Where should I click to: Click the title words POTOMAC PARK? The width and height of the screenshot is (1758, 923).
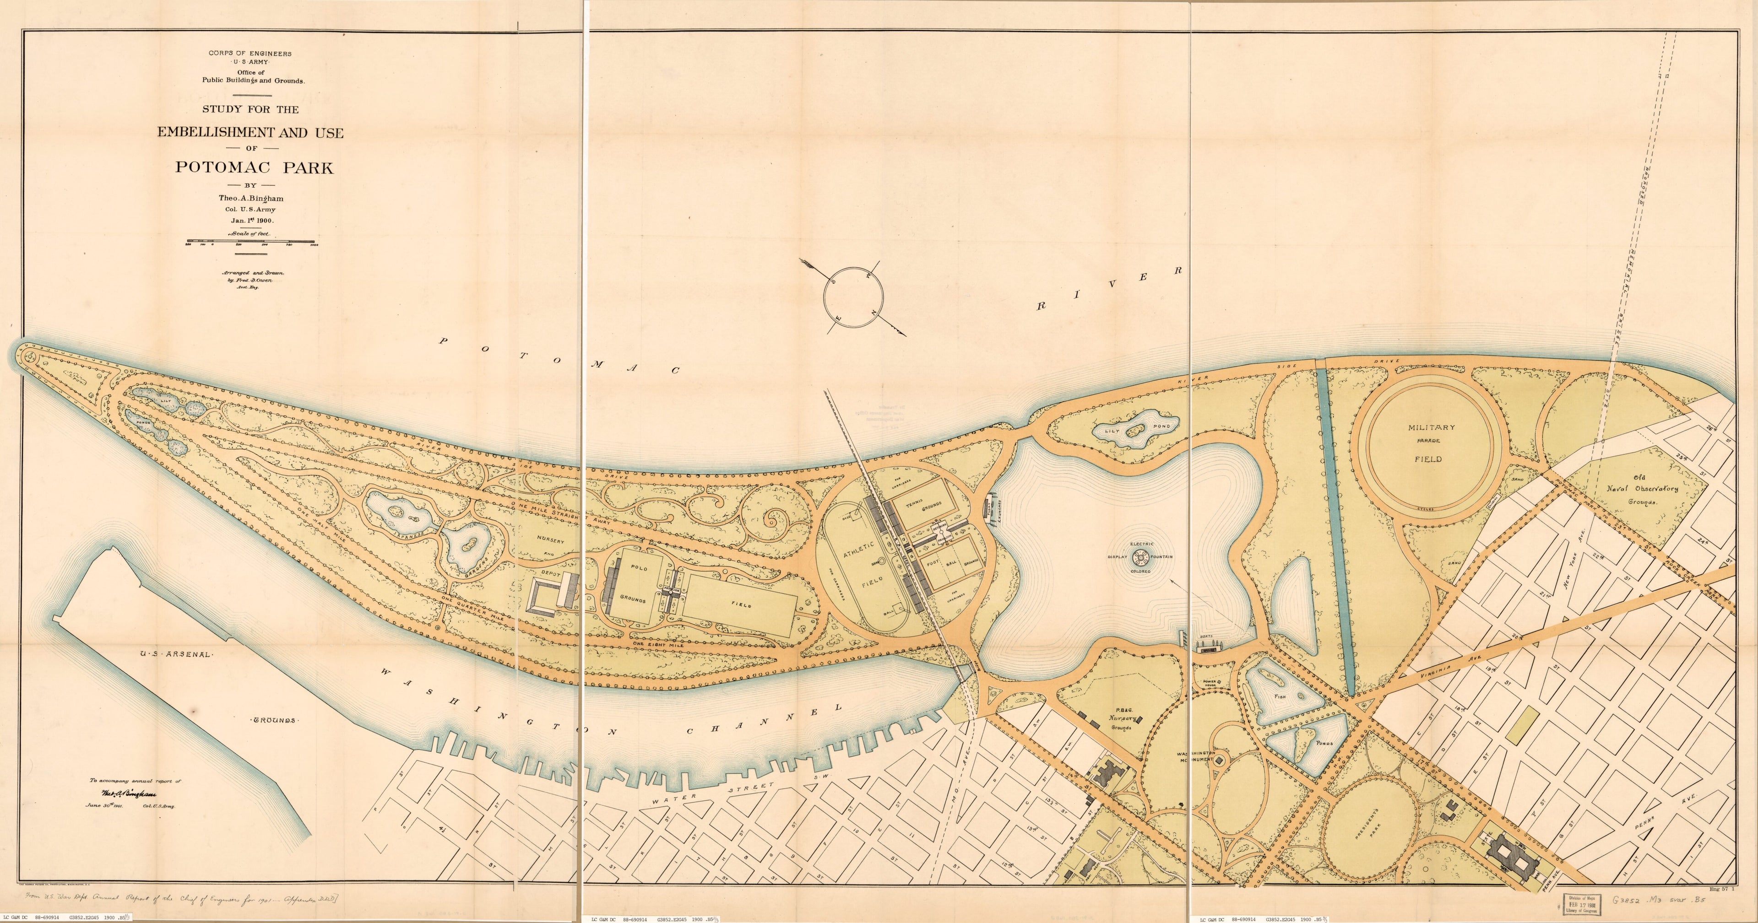point(255,167)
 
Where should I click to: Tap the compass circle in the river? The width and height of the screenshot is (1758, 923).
point(853,297)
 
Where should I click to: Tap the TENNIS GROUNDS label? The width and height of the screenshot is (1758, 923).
point(922,506)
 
